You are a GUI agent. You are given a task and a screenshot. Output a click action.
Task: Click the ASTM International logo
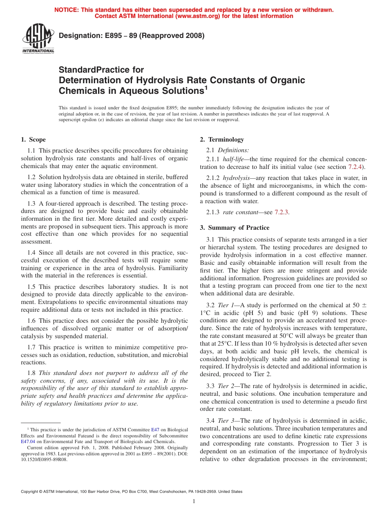click(38, 38)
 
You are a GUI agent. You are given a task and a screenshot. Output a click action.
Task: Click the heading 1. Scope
click(33, 140)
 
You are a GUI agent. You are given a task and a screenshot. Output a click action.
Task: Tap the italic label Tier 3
click(227, 420)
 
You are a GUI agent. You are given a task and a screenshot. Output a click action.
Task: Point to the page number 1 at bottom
click(194, 501)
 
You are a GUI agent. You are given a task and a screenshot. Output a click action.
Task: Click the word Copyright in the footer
click(31, 492)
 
